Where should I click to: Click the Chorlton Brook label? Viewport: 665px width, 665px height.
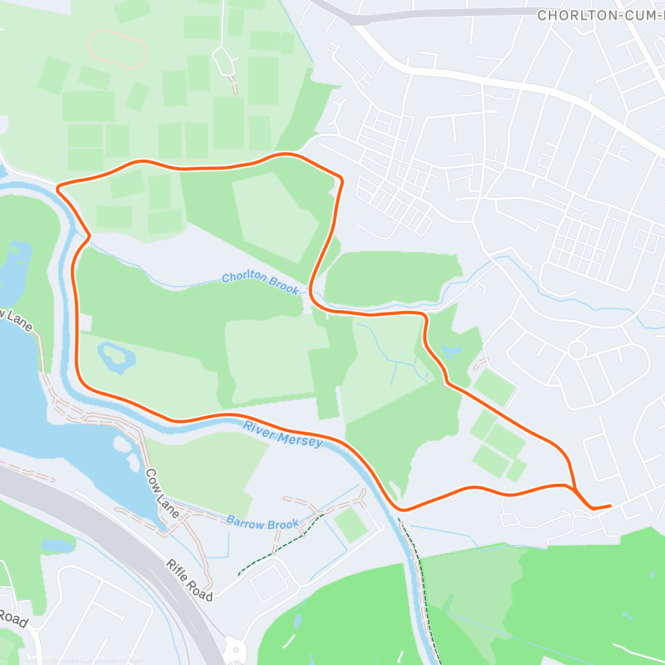click(260, 283)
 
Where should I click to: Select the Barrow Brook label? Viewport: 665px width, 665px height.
click(262, 523)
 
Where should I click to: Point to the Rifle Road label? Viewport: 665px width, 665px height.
click(189, 580)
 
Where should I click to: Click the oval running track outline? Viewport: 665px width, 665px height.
click(118, 49)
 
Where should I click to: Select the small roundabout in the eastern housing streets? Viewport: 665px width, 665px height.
click(577, 350)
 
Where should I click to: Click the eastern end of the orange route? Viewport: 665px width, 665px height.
click(610, 505)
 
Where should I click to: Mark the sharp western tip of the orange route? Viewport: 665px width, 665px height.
click(58, 187)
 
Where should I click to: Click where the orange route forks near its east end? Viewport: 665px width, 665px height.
click(575, 489)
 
